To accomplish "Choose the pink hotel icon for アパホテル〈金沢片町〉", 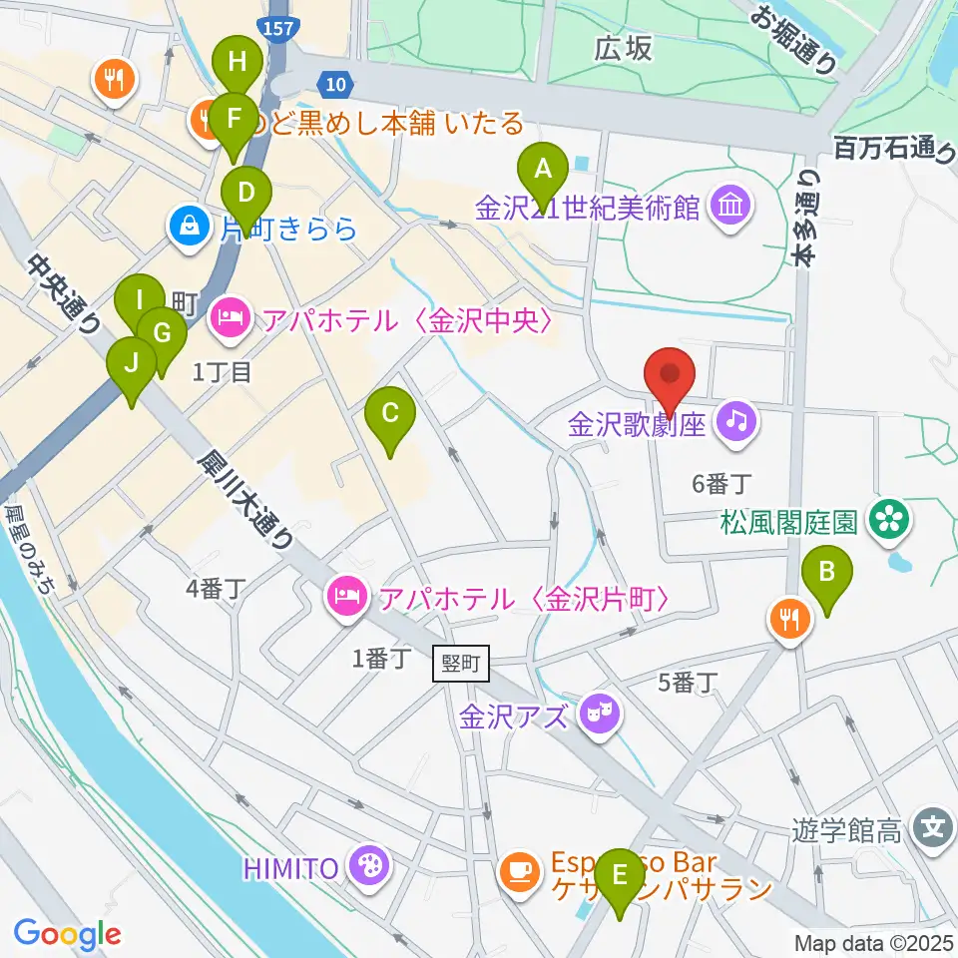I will click(346, 598).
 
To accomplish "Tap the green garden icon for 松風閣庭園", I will click(884, 518).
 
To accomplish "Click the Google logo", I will click(67, 935).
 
